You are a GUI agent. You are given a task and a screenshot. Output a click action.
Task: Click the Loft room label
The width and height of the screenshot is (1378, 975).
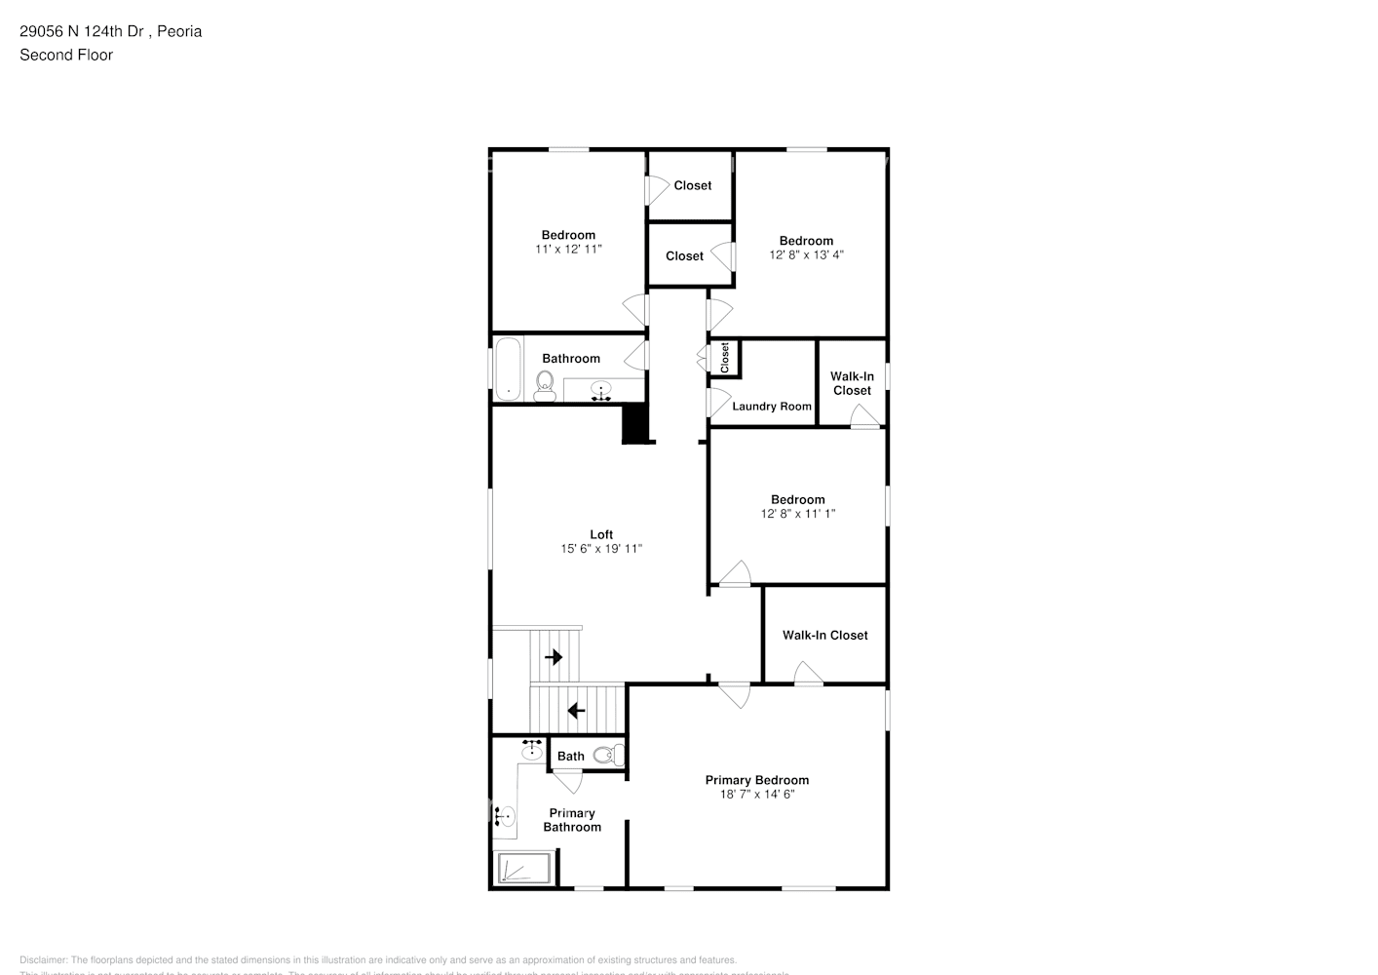tap(601, 534)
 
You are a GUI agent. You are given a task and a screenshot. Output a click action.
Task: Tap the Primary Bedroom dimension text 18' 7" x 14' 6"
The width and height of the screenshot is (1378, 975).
tap(757, 795)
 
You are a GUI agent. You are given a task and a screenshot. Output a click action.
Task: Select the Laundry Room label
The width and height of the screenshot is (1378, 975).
tap(772, 407)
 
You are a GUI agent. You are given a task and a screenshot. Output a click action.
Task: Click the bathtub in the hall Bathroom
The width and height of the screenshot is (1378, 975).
tap(507, 369)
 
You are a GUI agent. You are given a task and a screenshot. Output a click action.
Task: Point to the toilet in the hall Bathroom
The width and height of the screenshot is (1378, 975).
tap(545, 385)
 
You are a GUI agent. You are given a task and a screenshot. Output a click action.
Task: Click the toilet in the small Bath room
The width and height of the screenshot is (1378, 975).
tap(605, 755)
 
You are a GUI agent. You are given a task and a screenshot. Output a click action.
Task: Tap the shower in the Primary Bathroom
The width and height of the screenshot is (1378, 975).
tap(524, 868)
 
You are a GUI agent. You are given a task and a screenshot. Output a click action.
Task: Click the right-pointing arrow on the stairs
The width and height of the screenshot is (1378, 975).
tap(555, 657)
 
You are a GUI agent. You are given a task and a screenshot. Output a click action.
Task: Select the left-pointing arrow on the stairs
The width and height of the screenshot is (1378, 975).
tap(576, 711)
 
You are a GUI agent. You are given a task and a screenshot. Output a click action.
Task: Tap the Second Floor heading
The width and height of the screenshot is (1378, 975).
tap(66, 55)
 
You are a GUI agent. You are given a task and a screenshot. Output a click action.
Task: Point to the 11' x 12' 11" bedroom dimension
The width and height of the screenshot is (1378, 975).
tap(568, 250)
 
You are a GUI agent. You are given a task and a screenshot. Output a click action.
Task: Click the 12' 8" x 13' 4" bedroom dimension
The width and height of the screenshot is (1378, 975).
tap(806, 255)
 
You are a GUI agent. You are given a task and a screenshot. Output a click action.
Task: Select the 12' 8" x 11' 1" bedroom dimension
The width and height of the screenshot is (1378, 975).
tap(798, 514)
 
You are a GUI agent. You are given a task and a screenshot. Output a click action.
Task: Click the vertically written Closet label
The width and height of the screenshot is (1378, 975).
tap(725, 358)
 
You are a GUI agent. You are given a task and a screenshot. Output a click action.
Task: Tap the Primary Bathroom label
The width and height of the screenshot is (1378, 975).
tap(572, 820)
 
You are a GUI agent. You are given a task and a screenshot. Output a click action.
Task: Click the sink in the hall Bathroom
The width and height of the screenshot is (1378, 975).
tap(601, 391)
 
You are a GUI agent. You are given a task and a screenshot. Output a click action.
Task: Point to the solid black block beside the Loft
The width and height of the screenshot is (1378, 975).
tap(635, 424)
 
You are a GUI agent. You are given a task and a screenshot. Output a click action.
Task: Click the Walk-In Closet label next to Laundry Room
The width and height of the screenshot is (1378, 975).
tap(852, 383)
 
